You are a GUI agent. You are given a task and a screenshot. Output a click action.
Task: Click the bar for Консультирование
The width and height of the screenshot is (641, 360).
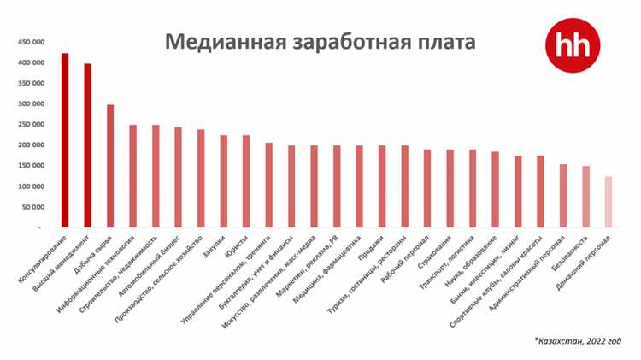tap(65, 140)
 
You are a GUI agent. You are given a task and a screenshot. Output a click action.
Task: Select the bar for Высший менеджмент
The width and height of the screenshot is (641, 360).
tap(87, 145)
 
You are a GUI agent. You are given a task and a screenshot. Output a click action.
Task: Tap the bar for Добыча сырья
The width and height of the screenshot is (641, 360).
tap(110, 166)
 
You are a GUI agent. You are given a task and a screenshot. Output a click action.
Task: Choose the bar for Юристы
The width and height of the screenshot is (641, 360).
tap(246, 181)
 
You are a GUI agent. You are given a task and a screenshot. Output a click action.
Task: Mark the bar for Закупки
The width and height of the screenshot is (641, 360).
tap(223, 181)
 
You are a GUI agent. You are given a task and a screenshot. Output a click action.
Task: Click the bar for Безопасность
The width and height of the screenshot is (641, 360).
tap(585, 197)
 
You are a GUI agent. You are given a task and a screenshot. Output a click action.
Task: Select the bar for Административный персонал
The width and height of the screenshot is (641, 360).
tap(563, 196)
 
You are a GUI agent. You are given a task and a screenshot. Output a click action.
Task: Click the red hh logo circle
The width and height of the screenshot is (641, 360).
tap(573, 44)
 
